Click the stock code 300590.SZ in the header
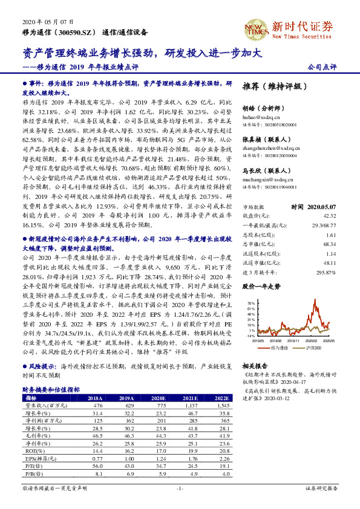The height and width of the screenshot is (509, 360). point(75,31)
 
